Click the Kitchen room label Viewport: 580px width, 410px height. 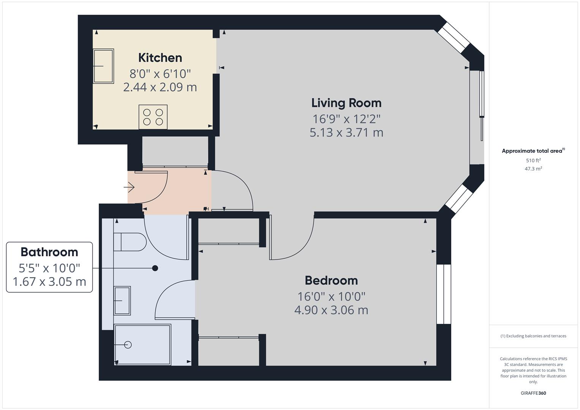160,58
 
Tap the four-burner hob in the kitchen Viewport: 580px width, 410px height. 153,117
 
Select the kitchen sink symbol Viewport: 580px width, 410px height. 103,66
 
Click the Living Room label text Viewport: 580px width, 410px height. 346,103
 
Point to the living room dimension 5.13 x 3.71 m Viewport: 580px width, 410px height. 346,132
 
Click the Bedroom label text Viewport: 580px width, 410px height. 331,281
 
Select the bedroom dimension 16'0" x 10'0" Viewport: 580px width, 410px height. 331,296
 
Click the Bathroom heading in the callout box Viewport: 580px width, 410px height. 49,252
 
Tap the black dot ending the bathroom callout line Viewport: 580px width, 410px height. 155,268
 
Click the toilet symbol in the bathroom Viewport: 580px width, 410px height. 130,242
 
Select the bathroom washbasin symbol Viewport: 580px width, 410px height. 122,300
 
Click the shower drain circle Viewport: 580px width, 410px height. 128,345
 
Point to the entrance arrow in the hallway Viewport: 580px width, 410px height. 129,187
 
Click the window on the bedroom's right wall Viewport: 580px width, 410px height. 443,294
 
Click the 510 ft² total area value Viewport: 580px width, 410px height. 533,161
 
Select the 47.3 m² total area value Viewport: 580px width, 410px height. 533,169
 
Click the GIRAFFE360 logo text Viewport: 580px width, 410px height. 533,393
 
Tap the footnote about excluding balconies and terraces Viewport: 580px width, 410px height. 533,336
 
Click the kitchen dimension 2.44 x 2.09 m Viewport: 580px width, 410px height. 160,87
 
